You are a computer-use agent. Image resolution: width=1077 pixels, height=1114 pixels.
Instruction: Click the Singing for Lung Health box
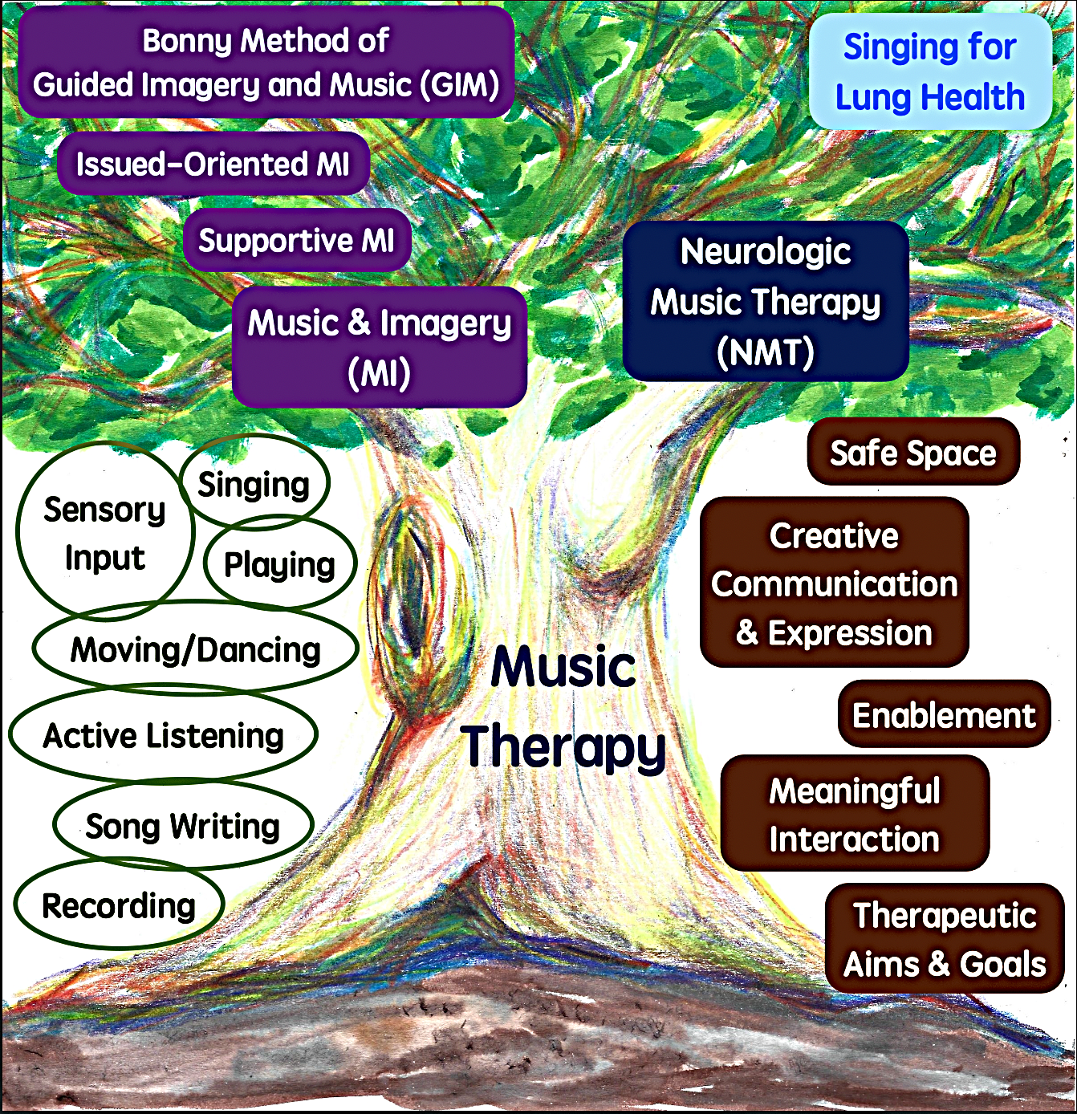[x=930, y=71]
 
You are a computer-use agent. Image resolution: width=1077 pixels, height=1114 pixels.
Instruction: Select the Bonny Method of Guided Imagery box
[x=266, y=62]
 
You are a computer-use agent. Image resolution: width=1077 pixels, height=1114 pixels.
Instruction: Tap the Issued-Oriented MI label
[x=213, y=164]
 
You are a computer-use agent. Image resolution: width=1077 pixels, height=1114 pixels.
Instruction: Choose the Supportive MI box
[x=297, y=240]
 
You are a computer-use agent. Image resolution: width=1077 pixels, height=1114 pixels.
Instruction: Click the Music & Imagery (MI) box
[x=380, y=347]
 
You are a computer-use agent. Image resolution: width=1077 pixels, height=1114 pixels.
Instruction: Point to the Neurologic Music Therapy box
[x=766, y=301]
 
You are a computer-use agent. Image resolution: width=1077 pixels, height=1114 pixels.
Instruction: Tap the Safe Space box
[x=913, y=452]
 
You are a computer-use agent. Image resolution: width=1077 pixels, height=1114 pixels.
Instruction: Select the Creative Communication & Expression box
[x=834, y=582]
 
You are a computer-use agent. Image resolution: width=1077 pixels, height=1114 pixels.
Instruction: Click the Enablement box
[x=944, y=714]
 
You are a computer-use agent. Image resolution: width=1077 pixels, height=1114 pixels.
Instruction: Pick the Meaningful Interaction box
[x=855, y=814]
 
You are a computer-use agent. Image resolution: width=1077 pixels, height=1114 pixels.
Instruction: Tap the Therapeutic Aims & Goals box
[x=945, y=939]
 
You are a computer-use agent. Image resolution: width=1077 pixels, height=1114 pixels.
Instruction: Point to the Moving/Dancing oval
[x=195, y=648]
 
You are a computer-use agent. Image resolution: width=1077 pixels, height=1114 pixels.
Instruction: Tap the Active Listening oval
[x=163, y=734]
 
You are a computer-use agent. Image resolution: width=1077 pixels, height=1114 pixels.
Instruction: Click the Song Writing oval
[x=183, y=825]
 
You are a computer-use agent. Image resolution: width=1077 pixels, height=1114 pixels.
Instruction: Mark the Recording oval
[x=119, y=905]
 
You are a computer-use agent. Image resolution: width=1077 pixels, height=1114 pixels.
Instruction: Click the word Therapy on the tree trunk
[x=563, y=746]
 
